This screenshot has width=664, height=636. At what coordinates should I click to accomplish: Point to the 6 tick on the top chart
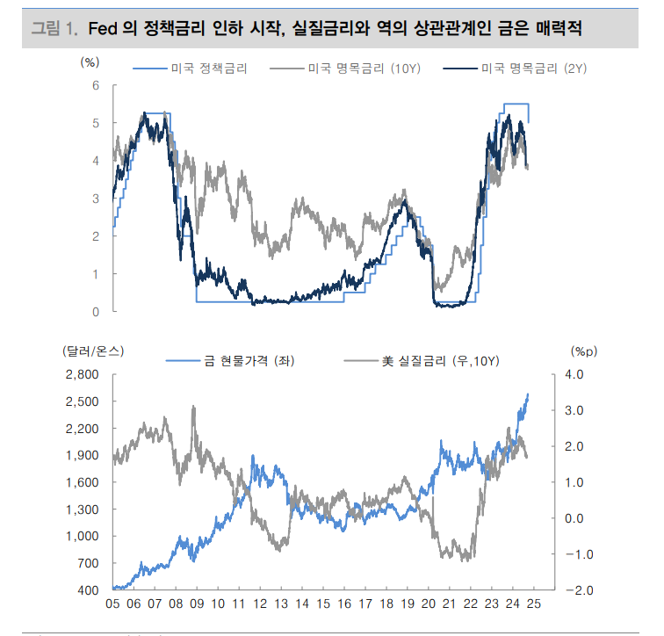click(97, 85)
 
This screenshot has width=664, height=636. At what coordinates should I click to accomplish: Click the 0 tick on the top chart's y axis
click(97, 312)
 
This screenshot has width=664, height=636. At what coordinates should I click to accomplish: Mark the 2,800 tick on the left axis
click(84, 375)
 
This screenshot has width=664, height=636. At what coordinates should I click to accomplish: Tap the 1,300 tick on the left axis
click(84, 510)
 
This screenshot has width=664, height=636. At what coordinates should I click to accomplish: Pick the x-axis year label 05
click(113, 604)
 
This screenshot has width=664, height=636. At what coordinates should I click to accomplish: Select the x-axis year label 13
click(281, 604)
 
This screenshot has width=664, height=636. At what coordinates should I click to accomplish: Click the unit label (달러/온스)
click(94, 351)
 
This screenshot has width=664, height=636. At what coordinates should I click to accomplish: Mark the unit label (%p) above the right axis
click(583, 351)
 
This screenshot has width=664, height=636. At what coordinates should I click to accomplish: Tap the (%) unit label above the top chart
click(90, 61)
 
